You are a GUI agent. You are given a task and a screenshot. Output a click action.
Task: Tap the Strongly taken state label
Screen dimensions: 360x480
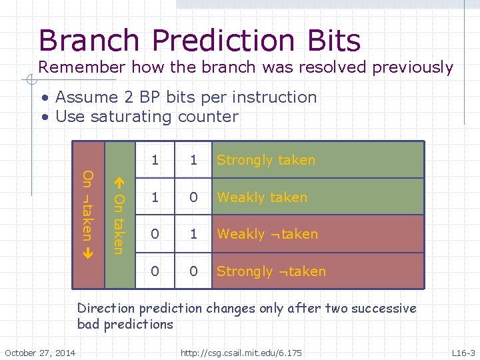click(265, 160)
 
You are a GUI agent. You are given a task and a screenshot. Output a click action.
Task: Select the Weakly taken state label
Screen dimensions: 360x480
click(261, 197)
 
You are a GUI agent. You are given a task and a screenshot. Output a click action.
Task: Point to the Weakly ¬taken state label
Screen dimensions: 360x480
click(267, 234)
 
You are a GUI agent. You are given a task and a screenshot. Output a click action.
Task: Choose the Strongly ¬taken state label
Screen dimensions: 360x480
click(271, 271)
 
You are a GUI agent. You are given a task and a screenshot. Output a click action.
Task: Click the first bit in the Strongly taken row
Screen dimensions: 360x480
click(155, 160)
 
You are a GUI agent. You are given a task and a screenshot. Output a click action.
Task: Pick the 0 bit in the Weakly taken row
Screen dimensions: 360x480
click(193, 197)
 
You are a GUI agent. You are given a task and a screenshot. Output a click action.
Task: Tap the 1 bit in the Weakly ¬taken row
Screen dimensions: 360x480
click(193, 234)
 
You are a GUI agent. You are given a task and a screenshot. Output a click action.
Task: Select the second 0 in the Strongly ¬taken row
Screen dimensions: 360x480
click(193, 271)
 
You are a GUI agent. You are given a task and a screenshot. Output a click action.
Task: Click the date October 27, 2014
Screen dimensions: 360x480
click(40, 352)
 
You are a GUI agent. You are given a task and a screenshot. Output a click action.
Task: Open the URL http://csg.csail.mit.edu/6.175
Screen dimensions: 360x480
click(241, 352)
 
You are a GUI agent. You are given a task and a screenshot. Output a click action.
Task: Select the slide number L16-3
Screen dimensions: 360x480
click(463, 352)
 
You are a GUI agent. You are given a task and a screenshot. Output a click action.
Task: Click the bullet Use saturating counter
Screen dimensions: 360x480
click(147, 117)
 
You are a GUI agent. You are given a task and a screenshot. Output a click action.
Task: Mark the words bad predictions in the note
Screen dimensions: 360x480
click(125, 325)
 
